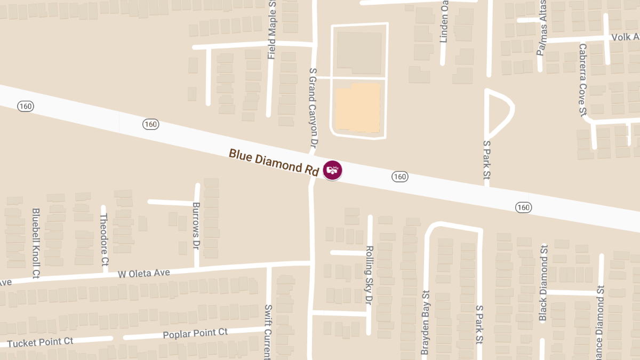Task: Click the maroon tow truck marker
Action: point(332,170)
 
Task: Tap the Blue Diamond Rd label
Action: point(274,162)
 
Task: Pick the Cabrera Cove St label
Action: point(582,79)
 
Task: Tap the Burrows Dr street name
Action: point(196,227)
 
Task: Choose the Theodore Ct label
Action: point(104,239)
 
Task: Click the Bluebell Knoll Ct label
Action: point(36,243)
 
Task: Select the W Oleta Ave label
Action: point(144,274)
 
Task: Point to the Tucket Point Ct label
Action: point(41,342)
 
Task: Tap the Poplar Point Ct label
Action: point(195,334)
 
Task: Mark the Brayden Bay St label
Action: point(426,322)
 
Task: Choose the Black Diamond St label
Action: point(543,283)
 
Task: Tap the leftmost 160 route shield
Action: point(25,106)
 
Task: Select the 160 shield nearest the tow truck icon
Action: point(399,177)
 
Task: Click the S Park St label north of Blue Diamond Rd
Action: point(486,159)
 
